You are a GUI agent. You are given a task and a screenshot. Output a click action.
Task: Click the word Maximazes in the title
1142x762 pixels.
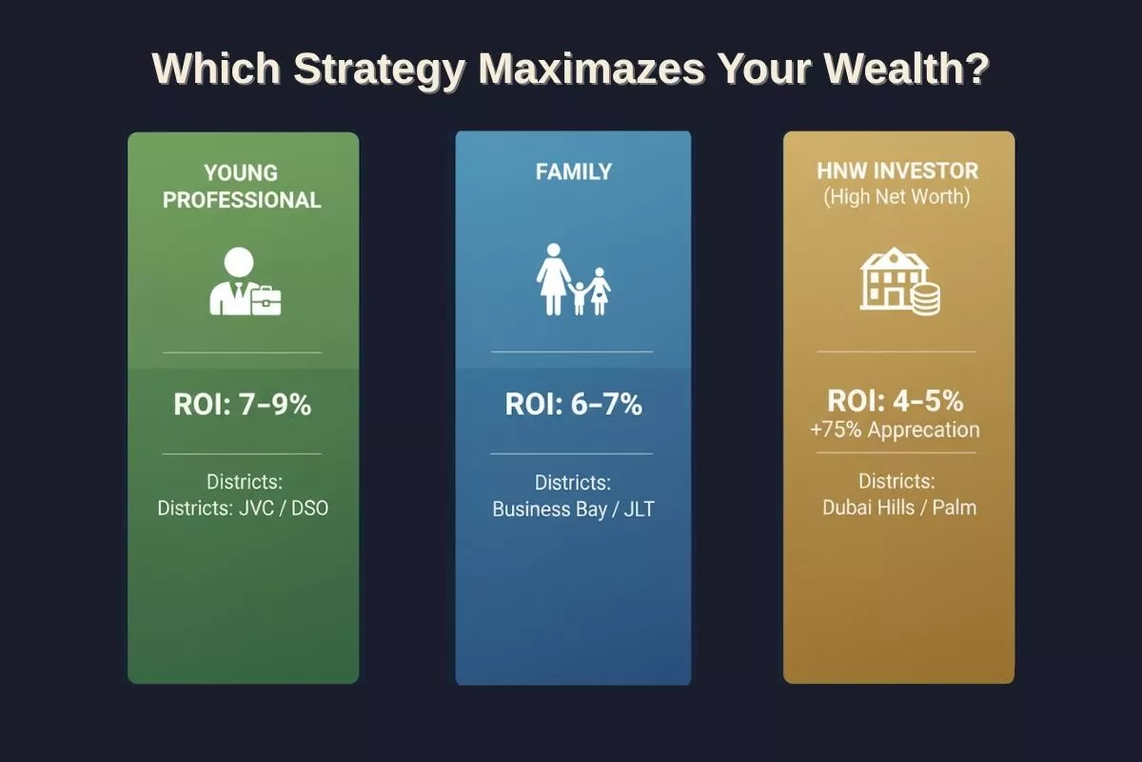pyautogui.click(x=591, y=69)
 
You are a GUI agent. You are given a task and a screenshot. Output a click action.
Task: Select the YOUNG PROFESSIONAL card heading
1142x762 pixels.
pyautogui.click(x=242, y=187)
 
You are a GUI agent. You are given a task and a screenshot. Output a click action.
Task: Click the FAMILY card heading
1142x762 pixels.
pyautogui.click(x=574, y=171)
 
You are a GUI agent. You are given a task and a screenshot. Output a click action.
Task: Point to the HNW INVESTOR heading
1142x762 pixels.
pyautogui.click(x=897, y=171)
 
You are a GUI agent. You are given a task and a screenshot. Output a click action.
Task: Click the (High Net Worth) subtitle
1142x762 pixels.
pyautogui.click(x=896, y=197)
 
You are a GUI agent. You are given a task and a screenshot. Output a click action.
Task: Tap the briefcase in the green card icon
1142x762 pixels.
pyautogui.click(x=266, y=301)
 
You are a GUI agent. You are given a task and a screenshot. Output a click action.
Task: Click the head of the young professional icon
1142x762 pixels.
pyautogui.click(x=239, y=262)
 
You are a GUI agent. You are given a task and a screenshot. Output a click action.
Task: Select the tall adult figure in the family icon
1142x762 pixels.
pyautogui.click(x=553, y=279)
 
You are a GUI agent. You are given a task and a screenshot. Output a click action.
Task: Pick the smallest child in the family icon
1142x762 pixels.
pyautogui.click(x=579, y=298)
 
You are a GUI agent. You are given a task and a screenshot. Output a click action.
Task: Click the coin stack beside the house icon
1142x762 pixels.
pyautogui.click(x=925, y=300)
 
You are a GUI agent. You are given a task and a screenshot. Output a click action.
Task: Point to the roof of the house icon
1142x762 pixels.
pyautogui.click(x=894, y=258)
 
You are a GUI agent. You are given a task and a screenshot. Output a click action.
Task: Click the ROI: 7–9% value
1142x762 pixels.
pyautogui.click(x=242, y=405)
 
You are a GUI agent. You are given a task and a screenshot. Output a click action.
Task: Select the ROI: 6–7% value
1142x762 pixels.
pyautogui.click(x=574, y=404)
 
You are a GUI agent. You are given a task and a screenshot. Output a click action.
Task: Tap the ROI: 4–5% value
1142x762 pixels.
pyautogui.click(x=896, y=401)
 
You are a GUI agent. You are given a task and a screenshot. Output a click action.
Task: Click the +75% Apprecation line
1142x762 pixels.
pyautogui.click(x=896, y=430)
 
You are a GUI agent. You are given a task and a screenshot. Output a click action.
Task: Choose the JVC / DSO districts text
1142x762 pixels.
pyautogui.click(x=284, y=509)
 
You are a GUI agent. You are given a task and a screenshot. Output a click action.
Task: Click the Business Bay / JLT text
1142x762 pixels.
pyautogui.click(x=573, y=510)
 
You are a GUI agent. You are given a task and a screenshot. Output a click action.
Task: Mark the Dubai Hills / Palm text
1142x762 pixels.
pyautogui.click(x=899, y=508)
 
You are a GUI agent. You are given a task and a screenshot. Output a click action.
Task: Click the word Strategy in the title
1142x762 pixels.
pyautogui.click(x=380, y=70)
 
